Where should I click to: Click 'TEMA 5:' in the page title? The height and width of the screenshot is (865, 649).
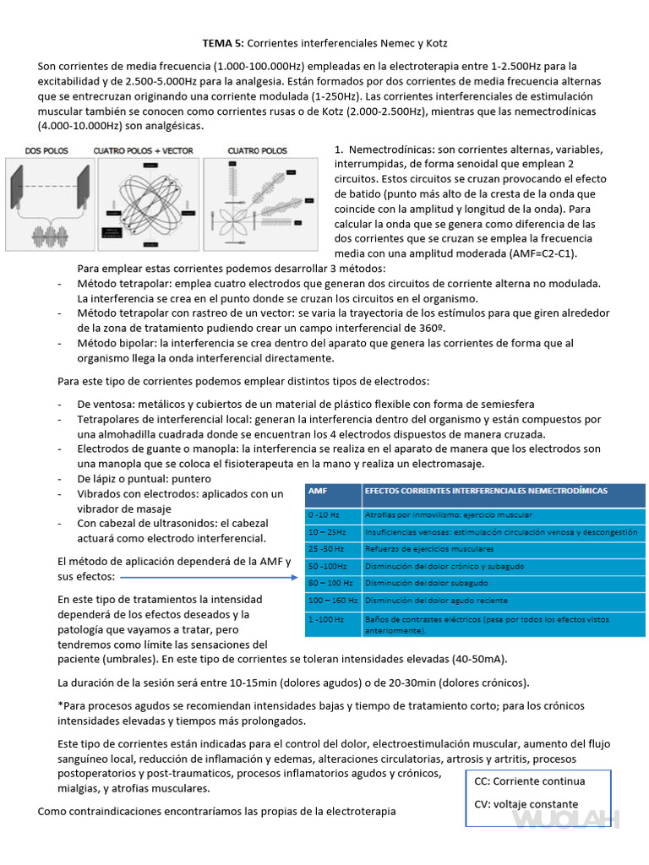(223, 42)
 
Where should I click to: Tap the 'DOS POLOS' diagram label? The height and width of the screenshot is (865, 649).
(47, 150)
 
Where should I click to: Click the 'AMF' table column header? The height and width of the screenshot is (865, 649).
(319, 490)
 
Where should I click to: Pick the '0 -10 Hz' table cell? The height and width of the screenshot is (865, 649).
(324, 514)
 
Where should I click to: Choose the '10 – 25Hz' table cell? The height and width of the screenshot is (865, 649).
(327, 532)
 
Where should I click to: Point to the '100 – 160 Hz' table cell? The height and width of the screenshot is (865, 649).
(332, 601)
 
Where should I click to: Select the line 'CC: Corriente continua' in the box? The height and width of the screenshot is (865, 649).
(530, 781)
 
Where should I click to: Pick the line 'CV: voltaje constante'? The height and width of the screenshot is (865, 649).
(526, 804)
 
